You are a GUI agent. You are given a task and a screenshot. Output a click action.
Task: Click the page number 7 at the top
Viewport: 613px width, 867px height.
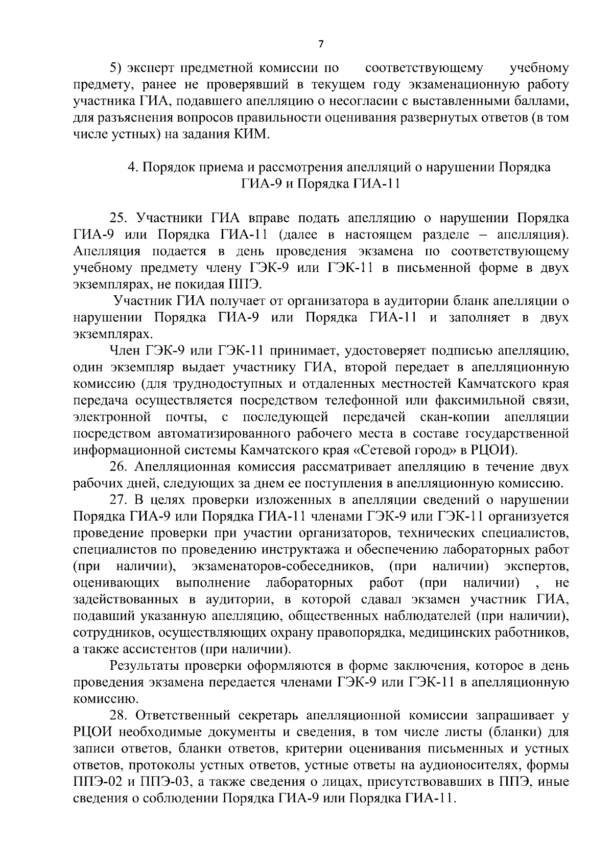(321, 44)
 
